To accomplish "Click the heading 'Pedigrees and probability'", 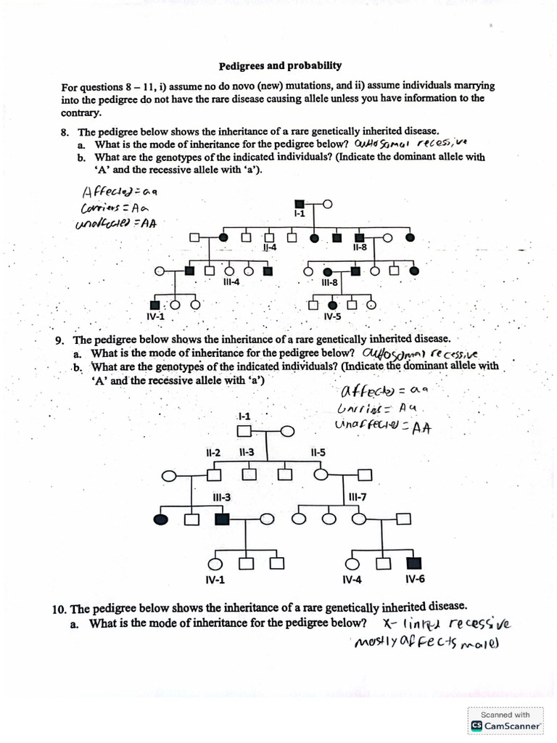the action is pos(280,65).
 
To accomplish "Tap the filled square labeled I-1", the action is pos(300,204).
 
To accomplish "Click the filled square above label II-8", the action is pos(359,237).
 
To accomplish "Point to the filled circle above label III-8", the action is pos(328,271).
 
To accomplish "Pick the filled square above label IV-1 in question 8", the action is pos(154,305).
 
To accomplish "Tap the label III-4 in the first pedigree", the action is pos(231,283).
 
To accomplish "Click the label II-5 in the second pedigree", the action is pos(318,453).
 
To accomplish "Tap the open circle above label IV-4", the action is pos(353,563).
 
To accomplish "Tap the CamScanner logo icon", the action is pos(476,725).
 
